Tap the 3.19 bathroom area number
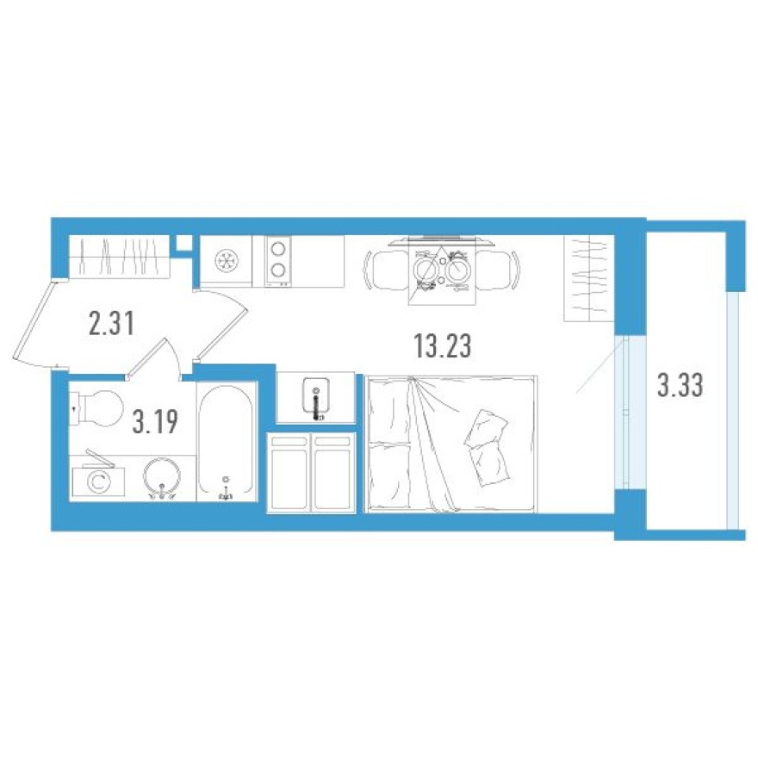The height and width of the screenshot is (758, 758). point(156,422)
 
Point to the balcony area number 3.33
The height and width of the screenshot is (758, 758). point(680,385)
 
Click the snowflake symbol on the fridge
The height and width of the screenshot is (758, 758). point(227,261)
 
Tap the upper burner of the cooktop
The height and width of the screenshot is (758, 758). point(278,249)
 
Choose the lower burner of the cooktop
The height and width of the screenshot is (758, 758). point(278,270)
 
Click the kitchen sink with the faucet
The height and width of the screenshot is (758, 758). point(316,398)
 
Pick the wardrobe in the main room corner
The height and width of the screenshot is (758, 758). point(589,277)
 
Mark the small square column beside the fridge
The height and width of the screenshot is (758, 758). point(183,243)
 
